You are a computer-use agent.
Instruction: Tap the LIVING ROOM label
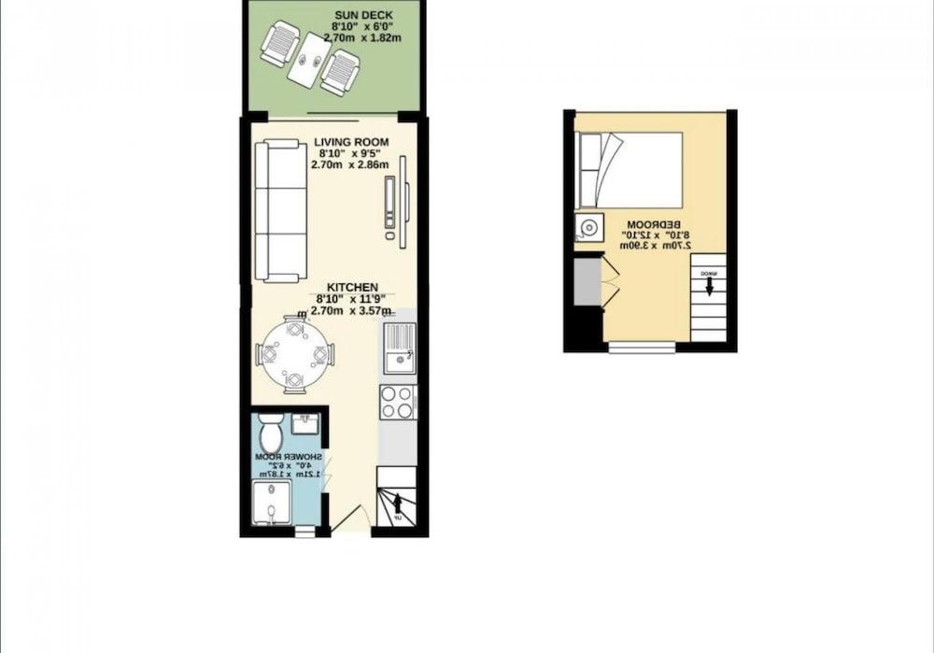click(x=351, y=142)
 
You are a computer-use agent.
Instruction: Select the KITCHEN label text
click(x=352, y=287)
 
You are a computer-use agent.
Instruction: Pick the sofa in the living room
click(x=281, y=211)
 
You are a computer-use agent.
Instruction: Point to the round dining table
click(x=294, y=355)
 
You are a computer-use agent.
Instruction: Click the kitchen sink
click(x=398, y=347)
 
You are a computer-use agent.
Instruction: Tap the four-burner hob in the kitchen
click(x=398, y=403)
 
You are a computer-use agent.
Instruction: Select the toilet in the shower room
click(x=271, y=433)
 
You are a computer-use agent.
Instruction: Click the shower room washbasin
click(x=305, y=426)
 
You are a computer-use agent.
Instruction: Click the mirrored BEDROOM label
click(x=651, y=224)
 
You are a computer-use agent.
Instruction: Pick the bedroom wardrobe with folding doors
click(x=593, y=281)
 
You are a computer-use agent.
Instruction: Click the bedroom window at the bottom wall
click(x=642, y=348)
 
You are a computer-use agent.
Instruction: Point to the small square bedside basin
click(x=589, y=228)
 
